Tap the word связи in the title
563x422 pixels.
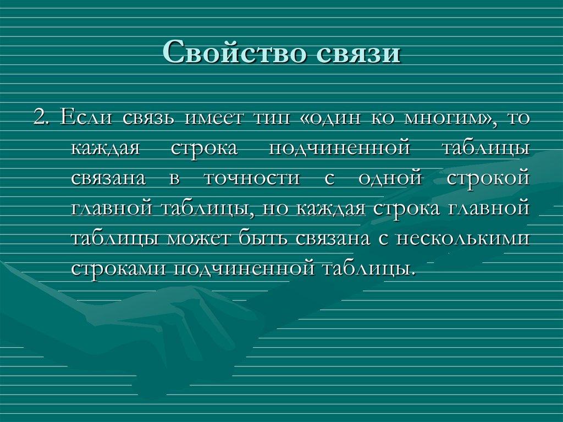coord(357,54)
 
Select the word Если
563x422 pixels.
coord(87,118)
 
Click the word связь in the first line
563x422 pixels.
coord(148,118)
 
